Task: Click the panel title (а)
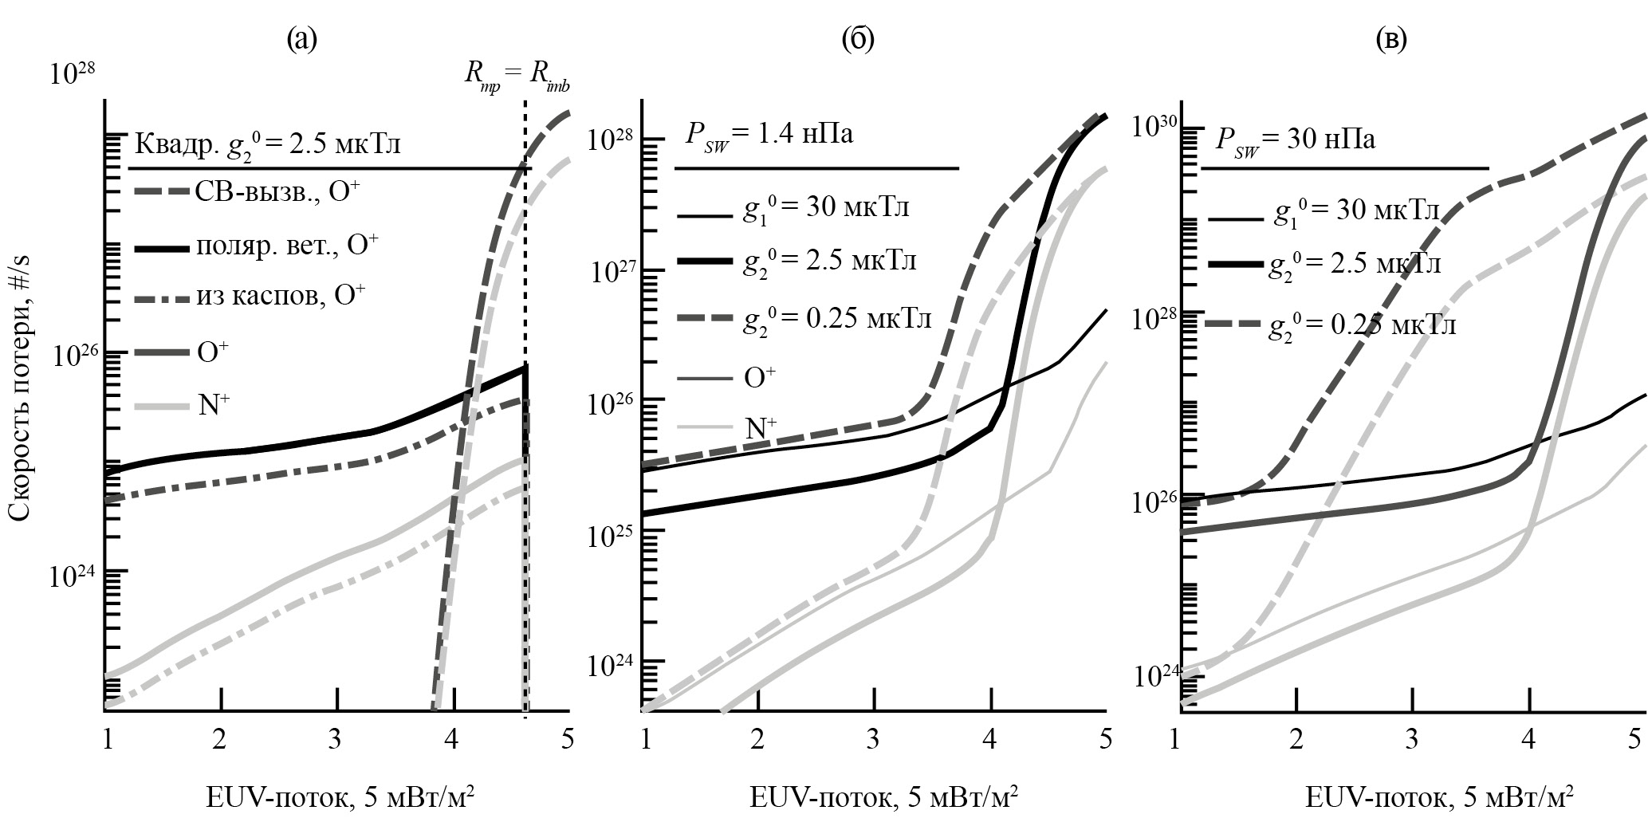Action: click(x=302, y=39)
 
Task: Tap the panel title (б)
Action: click(x=858, y=39)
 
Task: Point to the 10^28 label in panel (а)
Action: click(x=73, y=75)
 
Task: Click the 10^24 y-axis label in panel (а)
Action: click(x=73, y=577)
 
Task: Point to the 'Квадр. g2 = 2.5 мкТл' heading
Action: click(x=268, y=146)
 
